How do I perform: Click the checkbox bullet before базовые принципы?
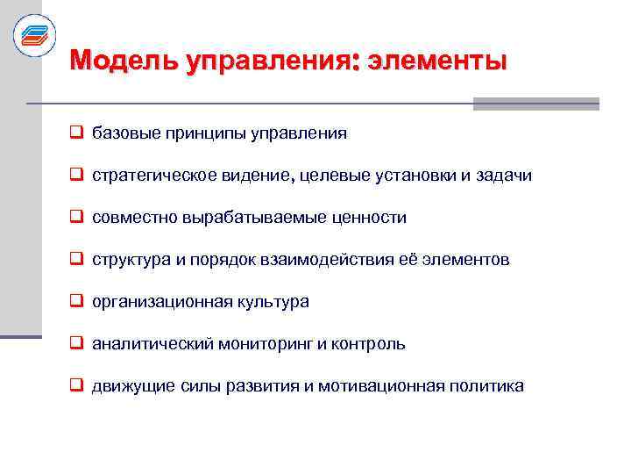pos(77,133)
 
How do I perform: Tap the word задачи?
pos(504,176)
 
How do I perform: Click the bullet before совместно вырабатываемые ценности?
pos(77,217)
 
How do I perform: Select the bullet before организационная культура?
pos(77,301)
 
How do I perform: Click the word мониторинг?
pos(271,344)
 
